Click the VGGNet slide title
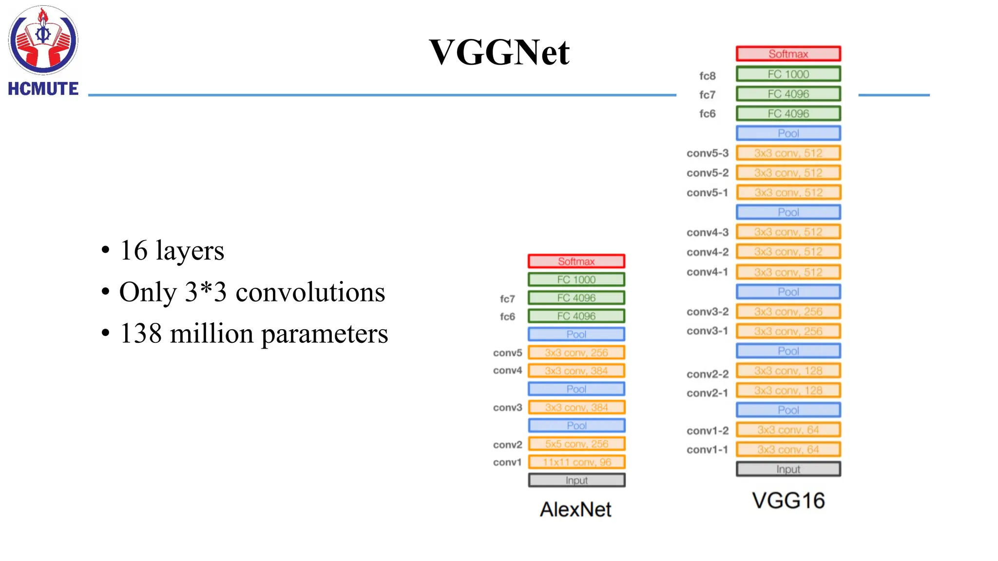[x=499, y=52]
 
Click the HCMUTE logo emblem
[x=43, y=40]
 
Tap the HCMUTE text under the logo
[x=43, y=89]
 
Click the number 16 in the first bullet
[x=134, y=250]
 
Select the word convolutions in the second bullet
[x=310, y=292]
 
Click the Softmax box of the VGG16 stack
[x=788, y=54]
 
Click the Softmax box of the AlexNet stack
[x=576, y=262]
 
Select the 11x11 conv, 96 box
[x=576, y=462]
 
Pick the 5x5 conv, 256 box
[x=576, y=444]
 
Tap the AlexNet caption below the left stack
[x=576, y=509]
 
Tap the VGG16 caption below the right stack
[x=788, y=501]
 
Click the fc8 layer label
[x=707, y=76]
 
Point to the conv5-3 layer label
[x=707, y=153]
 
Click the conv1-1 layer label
[x=707, y=450]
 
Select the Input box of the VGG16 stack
[x=788, y=469]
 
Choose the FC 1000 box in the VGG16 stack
[x=788, y=74]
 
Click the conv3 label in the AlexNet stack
[x=507, y=408]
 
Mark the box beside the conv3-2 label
[x=788, y=312]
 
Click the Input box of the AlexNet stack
[x=576, y=481]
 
